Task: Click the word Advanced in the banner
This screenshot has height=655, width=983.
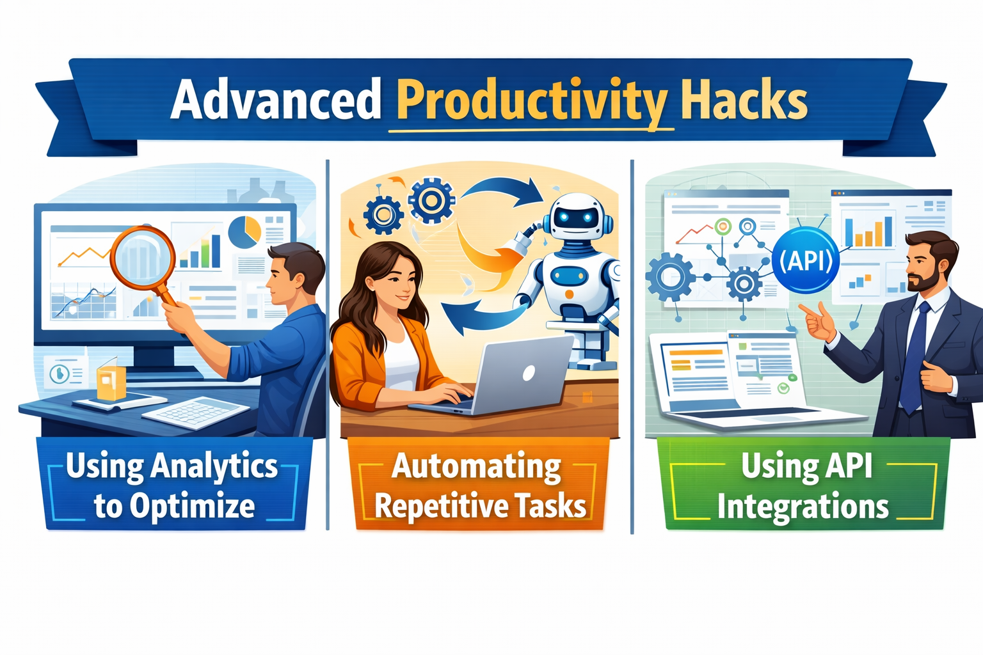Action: click(x=276, y=99)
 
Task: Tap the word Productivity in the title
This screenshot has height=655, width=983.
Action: click(x=531, y=102)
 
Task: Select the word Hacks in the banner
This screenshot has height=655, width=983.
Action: click(x=744, y=99)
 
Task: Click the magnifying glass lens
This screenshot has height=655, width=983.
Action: click(x=143, y=258)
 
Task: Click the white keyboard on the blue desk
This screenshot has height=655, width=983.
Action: click(x=195, y=412)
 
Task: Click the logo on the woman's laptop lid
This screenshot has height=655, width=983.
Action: click(x=529, y=372)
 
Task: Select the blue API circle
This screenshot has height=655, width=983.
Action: click(x=806, y=260)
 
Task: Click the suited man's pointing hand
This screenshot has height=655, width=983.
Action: click(x=817, y=322)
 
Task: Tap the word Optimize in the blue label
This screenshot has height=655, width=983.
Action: click(x=192, y=506)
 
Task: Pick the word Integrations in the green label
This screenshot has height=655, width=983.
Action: click(x=803, y=506)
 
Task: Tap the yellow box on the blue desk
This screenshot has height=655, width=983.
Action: click(x=111, y=379)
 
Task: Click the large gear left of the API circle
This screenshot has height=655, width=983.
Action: click(x=670, y=277)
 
